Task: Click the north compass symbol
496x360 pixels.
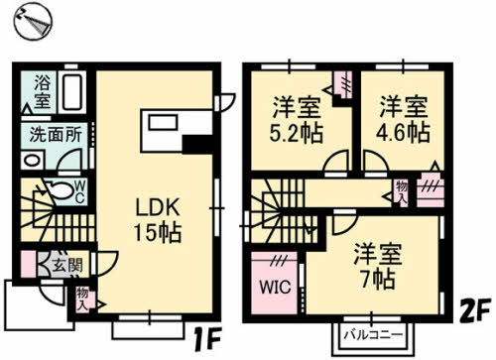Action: [33, 22]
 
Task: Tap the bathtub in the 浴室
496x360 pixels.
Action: [72, 92]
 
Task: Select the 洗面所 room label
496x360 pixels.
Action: [56, 135]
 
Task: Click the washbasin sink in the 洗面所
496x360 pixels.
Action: [32, 161]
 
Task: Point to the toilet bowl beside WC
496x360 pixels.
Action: [61, 189]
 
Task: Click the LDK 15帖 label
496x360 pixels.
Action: [158, 220]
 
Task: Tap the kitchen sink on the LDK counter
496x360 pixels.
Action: [163, 122]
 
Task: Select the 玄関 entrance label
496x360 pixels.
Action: [67, 265]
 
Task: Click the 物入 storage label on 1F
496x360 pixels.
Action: [81, 300]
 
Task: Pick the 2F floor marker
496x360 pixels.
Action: [474, 311]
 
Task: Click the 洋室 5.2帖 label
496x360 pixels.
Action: [296, 120]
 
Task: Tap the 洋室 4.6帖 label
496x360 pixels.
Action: [404, 119]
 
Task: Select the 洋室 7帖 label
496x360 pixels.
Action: [378, 267]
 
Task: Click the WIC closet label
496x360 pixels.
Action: [275, 287]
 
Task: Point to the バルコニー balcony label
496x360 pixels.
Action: [374, 335]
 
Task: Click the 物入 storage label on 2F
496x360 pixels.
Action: [402, 192]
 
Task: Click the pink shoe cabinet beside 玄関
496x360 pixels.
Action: [28, 265]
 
